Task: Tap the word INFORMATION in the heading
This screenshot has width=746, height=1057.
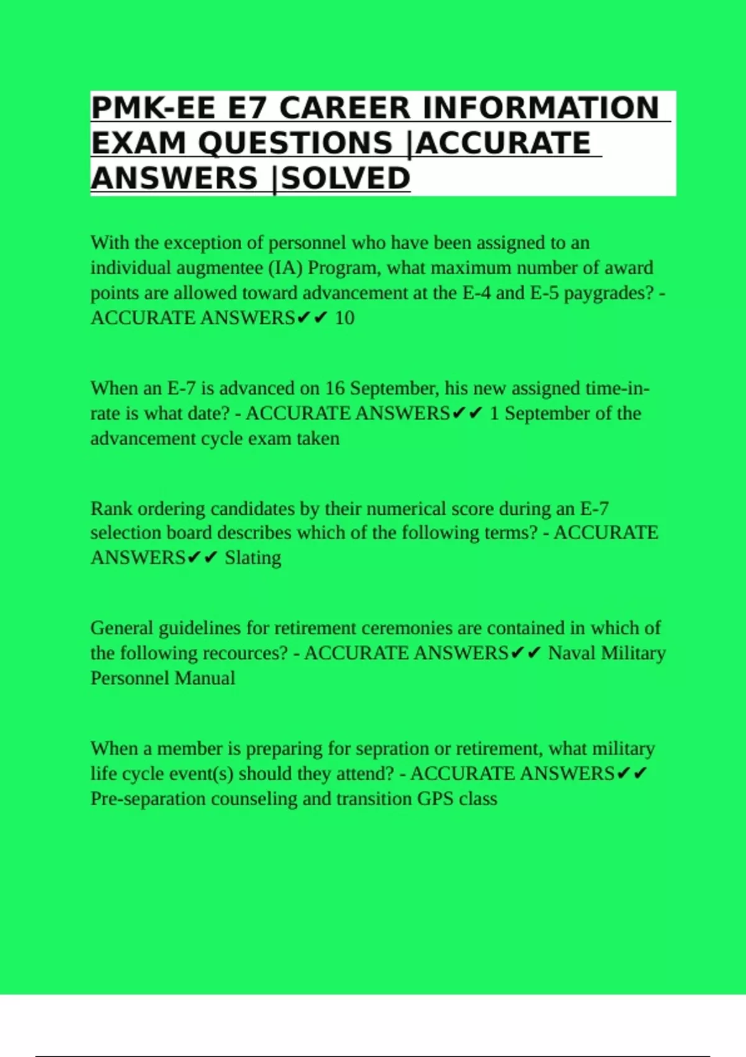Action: pyautogui.click(x=540, y=108)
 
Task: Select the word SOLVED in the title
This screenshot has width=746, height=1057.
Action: pyautogui.click(x=346, y=178)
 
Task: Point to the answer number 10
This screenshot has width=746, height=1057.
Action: pyautogui.click(x=344, y=318)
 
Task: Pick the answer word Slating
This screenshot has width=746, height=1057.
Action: pyautogui.click(x=253, y=558)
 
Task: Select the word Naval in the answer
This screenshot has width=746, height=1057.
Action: pyautogui.click(x=571, y=653)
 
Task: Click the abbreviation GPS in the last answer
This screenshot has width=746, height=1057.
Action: pyautogui.click(x=435, y=799)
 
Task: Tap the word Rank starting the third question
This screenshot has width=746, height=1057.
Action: pyautogui.click(x=111, y=509)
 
